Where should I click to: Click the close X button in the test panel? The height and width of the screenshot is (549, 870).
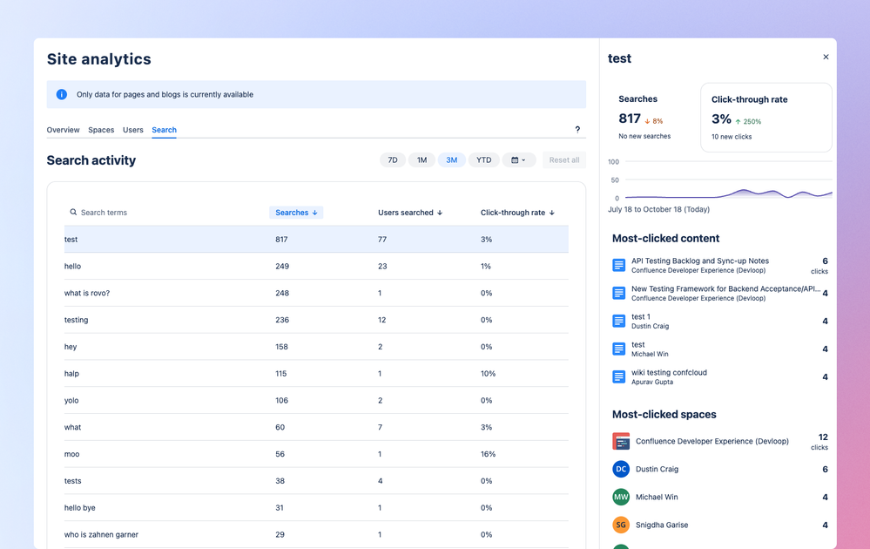pyautogui.click(x=826, y=58)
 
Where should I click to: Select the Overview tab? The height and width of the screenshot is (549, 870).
pyautogui.click(x=63, y=130)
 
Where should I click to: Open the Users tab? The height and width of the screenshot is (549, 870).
pyautogui.click(x=133, y=130)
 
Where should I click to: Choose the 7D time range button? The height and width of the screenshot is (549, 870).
pyautogui.click(x=393, y=160)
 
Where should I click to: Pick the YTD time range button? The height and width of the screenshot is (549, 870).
pyautogui.click(x=483, y=160)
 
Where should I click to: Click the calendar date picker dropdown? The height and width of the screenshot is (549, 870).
pyautogui.click(x=518, y=160)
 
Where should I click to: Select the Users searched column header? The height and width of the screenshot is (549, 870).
pyautogui.click(x=409, y=213)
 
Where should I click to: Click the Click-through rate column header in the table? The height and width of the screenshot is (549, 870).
pyautogui.click(x=517, y=213)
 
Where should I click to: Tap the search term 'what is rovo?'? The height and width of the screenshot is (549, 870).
pyautogui.click(x=87, y=293)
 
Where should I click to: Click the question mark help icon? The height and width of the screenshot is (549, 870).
pyautogui.click(x=577, y=130)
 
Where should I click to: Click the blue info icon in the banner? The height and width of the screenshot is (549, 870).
pyautogui.click(x=62, y=94)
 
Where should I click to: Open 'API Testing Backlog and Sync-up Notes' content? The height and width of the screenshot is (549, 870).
pyautogui.click(x=699, y=261)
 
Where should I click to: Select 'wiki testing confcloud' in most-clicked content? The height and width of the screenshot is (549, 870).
pyautogui.click(x=669, y=372)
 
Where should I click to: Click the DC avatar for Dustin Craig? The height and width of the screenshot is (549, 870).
pyautogui.click(x=621, y=469)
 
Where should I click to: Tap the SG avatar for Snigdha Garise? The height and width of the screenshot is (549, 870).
pyautogui.click(x=621, y=525)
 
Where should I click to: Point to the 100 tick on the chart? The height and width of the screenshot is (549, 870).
pyautogui.click(x=614, y=162)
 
